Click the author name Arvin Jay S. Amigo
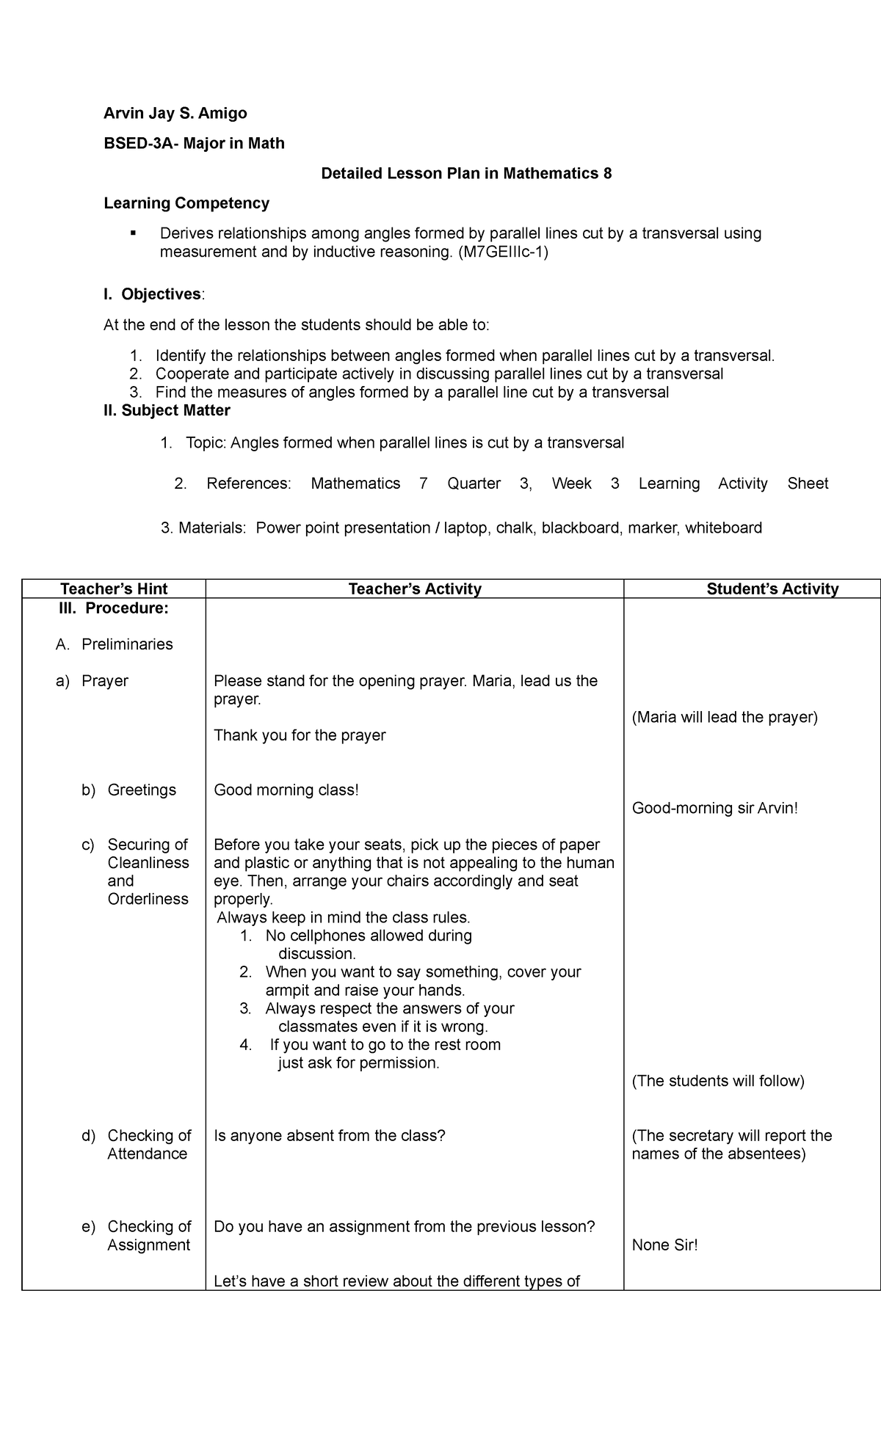point(175,113)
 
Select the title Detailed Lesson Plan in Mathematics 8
point(466,174)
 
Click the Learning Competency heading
point(186,203)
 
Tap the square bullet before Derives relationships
point(133,233)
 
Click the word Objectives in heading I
point(161,294)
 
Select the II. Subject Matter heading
point(167,410)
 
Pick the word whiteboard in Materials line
point(723,528)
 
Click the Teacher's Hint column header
point(114,589)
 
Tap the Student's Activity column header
point(772,589)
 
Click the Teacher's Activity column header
point(415,589)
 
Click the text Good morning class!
point(286,790)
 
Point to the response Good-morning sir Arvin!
point(714,809)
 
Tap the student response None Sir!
point(664,1245)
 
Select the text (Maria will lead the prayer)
point(724,718)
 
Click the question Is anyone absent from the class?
point(330,1136)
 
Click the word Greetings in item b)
point(142,790)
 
